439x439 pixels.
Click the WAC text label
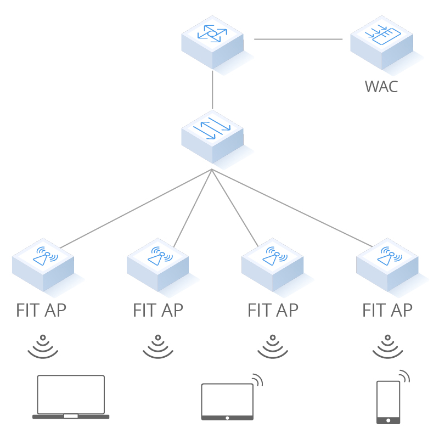point(381,87)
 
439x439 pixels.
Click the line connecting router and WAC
point(298,39)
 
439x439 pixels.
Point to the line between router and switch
point(212,89)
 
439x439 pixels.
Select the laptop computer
point(71,397)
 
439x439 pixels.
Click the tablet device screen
point(227,399)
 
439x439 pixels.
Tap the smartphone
point(388,402)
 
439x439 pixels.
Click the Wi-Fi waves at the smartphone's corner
point(404,376)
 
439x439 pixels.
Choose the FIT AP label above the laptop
point(41,310)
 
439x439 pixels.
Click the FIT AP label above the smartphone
point(387,310)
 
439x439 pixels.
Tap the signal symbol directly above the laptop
point(43,347)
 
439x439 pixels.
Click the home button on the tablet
point(227,418)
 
